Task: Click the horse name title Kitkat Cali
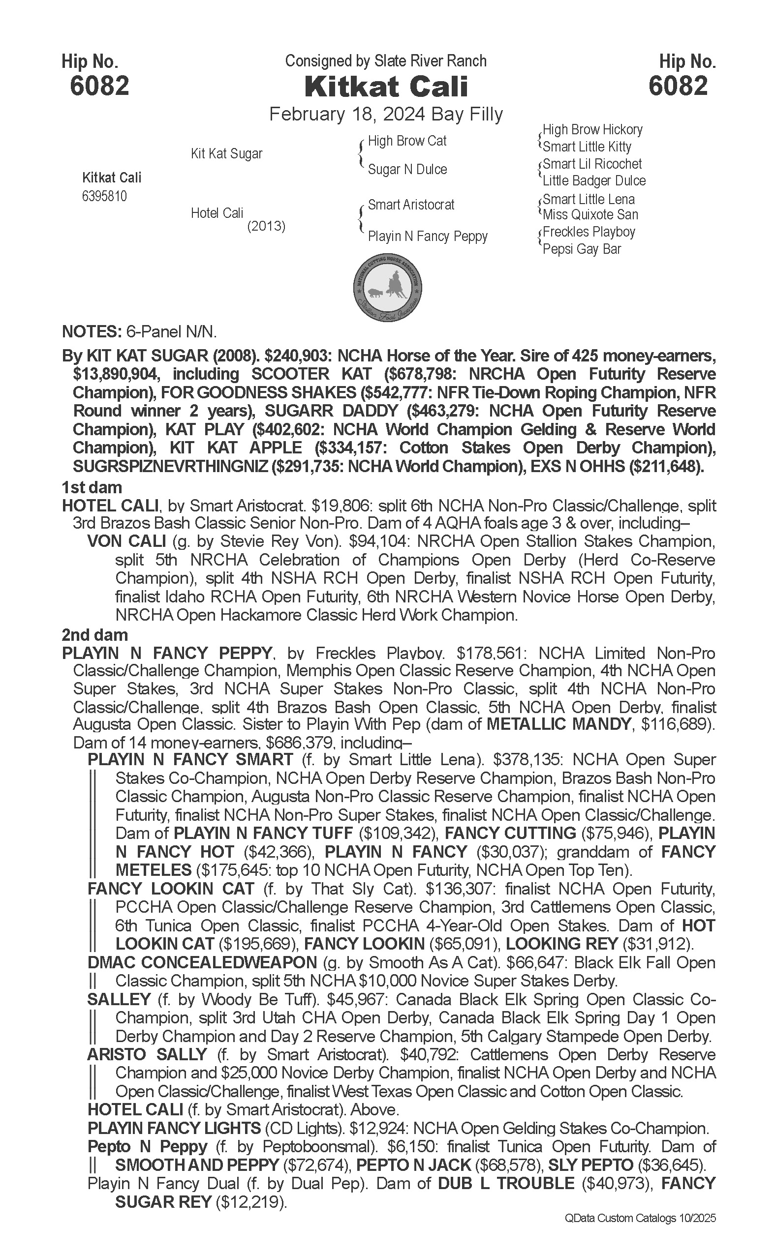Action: pyautogui.click(x=386, y=87)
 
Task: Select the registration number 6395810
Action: pyautogui.click(x=104, y=196)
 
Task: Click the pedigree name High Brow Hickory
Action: pyautogui.click(x=592, y=130)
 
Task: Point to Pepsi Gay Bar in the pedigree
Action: pyautogui.click(x=582, y=249)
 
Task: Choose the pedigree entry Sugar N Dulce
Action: pyautogui.click(x=407, y=170)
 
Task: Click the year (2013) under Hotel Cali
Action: pyautogui.click(x=266, y=226)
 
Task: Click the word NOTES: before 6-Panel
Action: pyautogui.click(x=91, y=331)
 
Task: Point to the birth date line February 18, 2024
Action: pyautogui.click(x=386, y=114)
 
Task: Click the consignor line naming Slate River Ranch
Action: pyautogui.click(x=385, y=61)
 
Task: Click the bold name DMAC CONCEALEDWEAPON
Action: pyautogui.click(x=202, y=962)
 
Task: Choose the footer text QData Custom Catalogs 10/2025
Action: pyautogui.click(x=640, y=1218)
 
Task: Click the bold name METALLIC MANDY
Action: pyautogui.click(x=558, y=724)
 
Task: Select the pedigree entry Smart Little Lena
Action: pyautogui.click(x=589, y=199)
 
